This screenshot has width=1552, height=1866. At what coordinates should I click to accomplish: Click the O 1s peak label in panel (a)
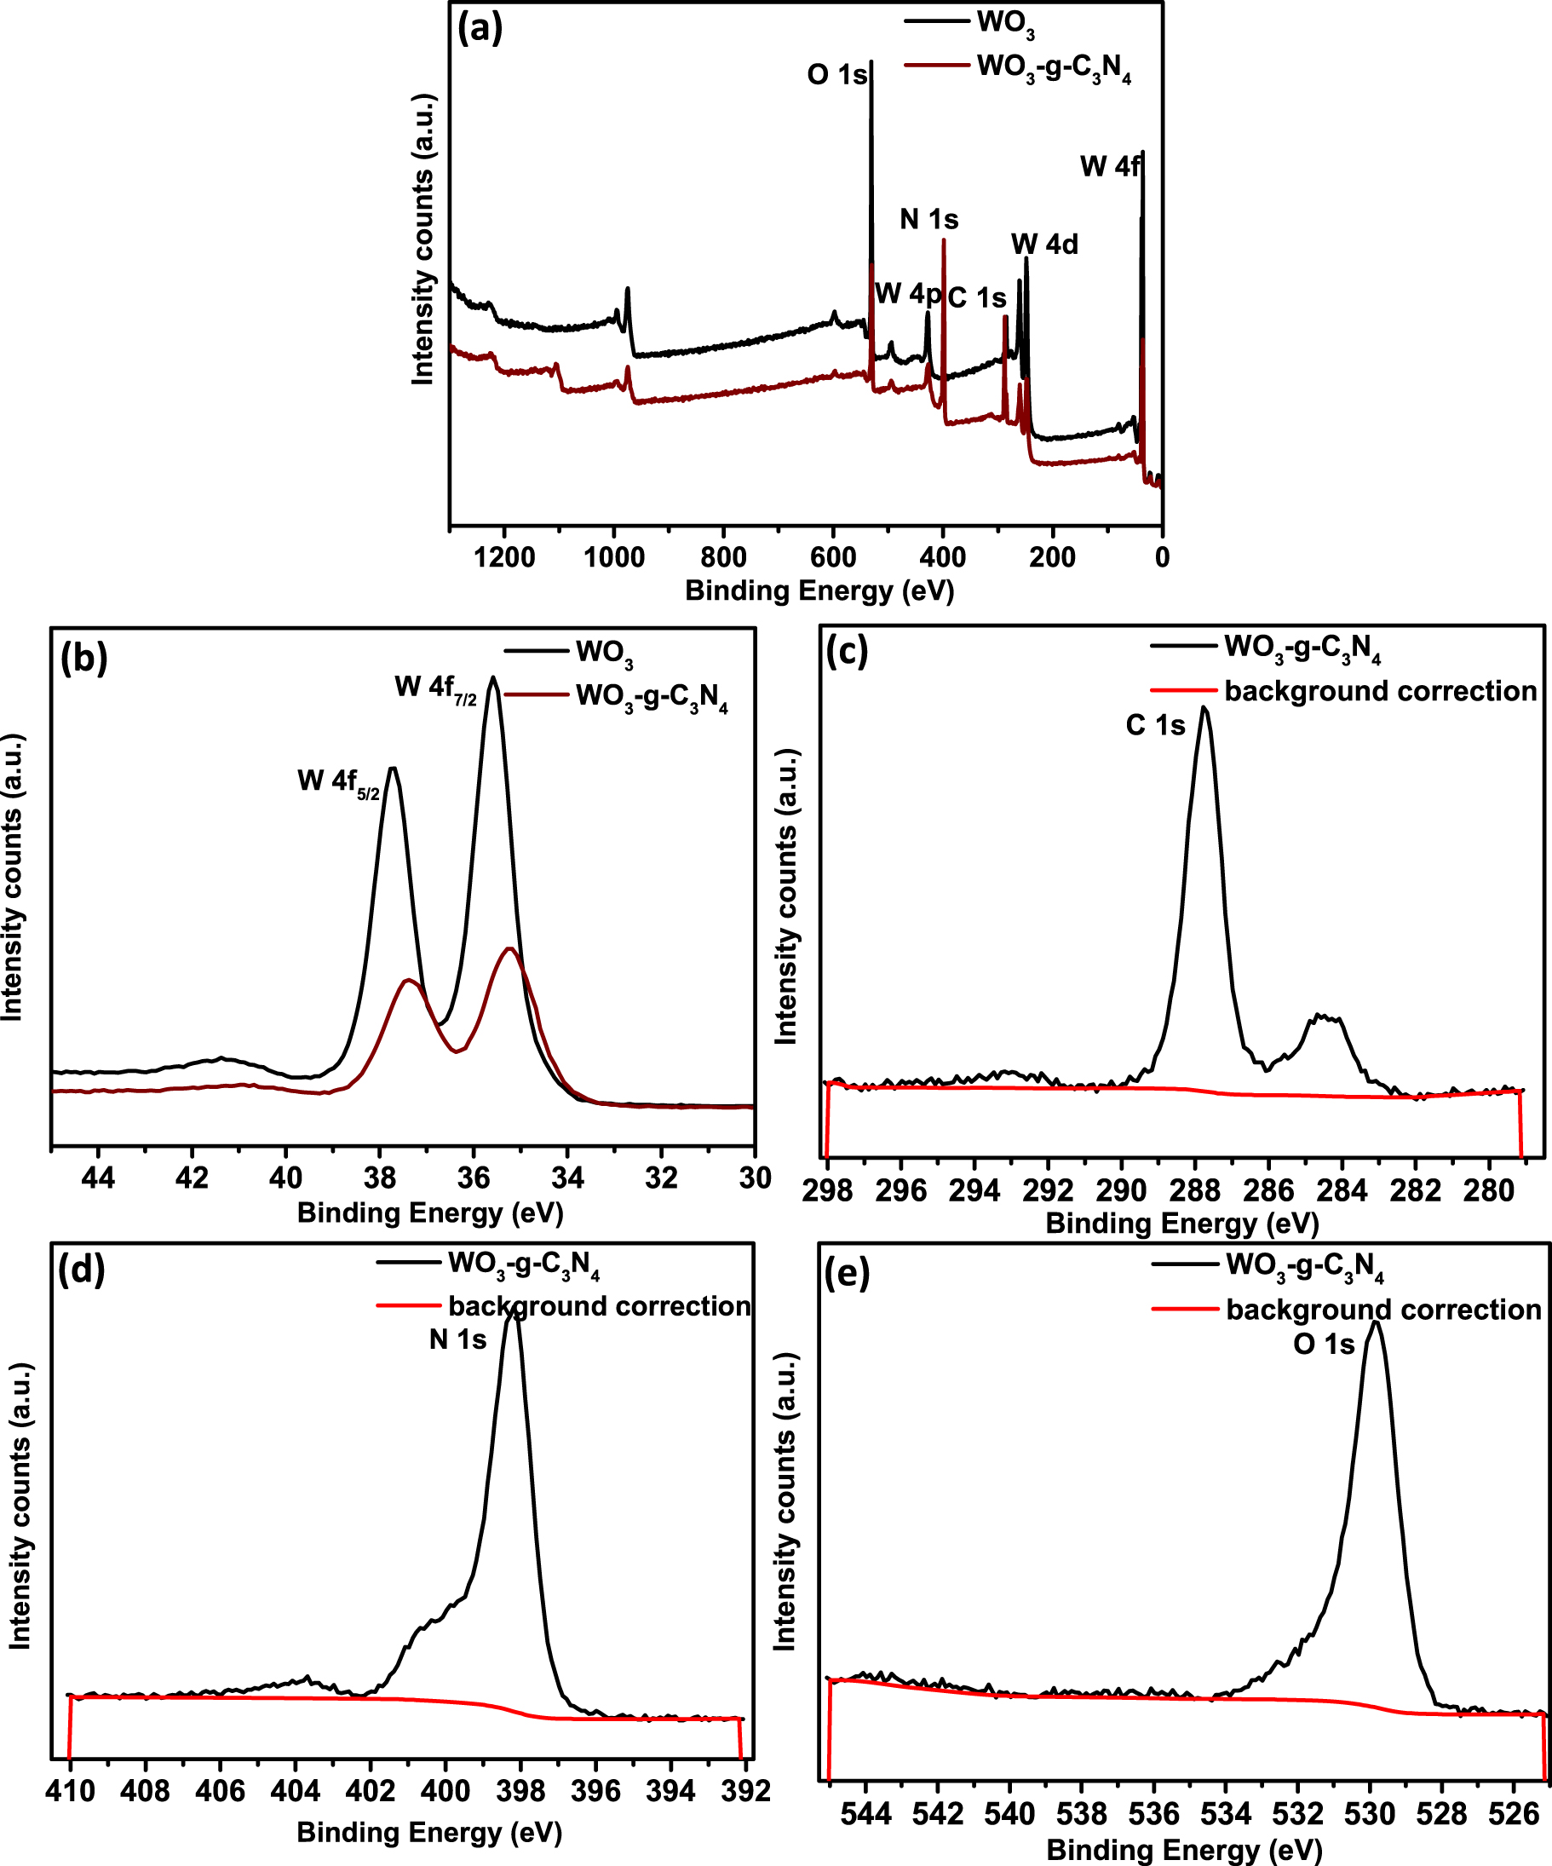pos(836,75)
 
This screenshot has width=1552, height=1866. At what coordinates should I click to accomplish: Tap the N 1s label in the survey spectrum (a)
pos(928,219)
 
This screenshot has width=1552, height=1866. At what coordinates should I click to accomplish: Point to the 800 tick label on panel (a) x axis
pos(723,558)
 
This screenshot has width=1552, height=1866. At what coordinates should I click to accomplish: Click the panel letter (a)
pos(480,28)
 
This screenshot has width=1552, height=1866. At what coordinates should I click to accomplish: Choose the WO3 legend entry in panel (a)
pos(1005,23)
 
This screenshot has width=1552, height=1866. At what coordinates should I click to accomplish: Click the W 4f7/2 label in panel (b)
pos(435,688)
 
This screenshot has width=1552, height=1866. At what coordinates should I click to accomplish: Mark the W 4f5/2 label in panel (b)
pos(338,782)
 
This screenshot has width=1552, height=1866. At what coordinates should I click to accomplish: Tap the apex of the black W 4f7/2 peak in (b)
pos(493,679)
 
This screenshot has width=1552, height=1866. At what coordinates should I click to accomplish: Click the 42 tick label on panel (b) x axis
pos(191,1178)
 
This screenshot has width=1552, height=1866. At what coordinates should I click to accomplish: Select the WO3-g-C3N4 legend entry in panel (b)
pos(651,697)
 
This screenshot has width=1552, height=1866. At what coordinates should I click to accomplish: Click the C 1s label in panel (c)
pos(1155,726)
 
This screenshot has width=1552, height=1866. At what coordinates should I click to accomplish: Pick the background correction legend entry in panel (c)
pos(1380,691)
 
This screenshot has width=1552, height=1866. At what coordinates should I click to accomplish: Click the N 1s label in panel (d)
pos(457,1339)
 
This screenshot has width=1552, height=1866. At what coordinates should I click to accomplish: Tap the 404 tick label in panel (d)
pos(296,1790)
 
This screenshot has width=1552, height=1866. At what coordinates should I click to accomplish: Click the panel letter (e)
pos(847,1273)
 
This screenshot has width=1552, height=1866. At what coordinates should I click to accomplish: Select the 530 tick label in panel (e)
pos(1371,1812)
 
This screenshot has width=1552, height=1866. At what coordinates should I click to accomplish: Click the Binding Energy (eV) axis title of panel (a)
pos(819,591)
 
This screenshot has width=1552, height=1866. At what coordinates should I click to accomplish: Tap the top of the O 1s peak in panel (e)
pos(1374,1323)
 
